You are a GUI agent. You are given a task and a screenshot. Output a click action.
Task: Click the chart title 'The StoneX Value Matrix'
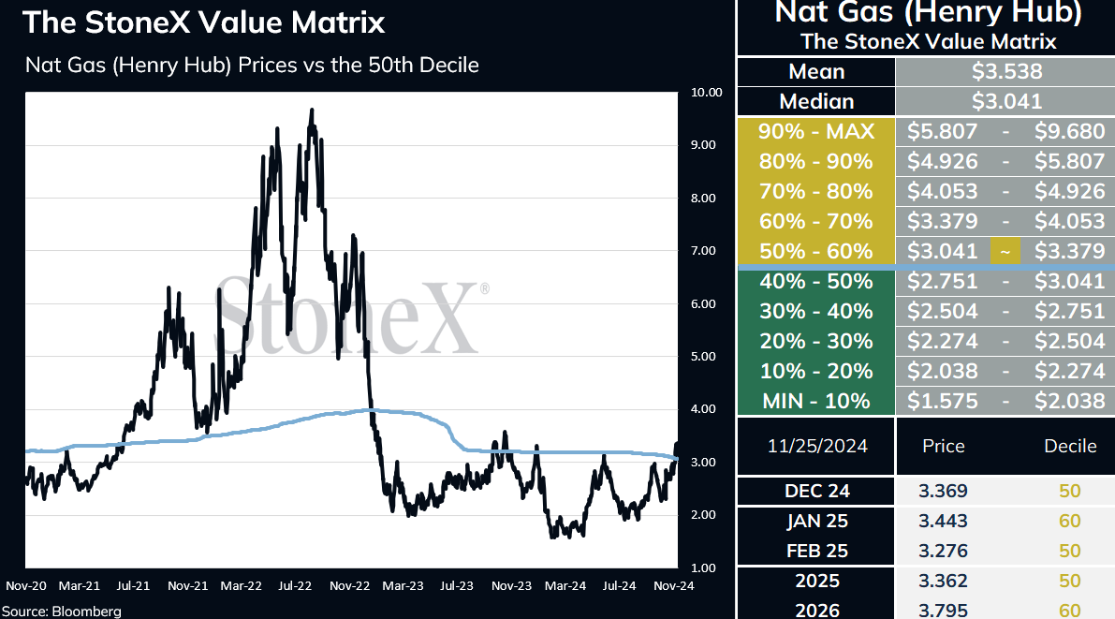point(203,22)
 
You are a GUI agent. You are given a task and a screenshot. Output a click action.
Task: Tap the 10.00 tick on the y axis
point(706,93)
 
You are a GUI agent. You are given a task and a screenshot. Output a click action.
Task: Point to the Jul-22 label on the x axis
point(294,586)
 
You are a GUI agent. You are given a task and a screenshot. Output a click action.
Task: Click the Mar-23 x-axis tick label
point(403,586)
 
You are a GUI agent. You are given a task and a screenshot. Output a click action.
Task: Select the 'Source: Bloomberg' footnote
point(61,612)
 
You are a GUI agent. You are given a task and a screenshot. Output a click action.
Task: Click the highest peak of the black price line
point(312,110)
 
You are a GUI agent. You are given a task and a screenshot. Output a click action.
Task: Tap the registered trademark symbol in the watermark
point(484,288)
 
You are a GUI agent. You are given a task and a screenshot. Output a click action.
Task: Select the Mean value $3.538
point(1007,72)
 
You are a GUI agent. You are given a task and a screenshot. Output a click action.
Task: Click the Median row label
point(816,102)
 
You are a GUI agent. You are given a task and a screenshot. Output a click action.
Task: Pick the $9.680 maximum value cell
point(1069,132)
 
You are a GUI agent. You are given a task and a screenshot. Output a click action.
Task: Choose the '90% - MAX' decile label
point(816,132)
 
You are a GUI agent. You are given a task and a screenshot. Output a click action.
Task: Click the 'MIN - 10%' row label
point(816,402)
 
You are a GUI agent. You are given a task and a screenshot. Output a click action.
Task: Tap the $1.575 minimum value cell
point(942,402)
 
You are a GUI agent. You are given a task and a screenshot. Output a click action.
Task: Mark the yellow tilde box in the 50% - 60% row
point(1005,251)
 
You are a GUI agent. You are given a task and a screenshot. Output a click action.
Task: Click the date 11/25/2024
point(817,446)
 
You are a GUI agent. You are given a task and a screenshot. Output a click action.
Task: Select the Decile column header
point(1070,446)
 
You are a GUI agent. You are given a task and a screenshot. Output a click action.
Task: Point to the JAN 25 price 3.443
point(943,521)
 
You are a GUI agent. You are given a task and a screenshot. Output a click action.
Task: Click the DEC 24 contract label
point(817,491)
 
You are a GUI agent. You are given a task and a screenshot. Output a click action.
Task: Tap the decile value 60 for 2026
point(1069,611)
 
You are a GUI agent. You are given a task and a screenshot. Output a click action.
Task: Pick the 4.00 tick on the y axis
point(703,409)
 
